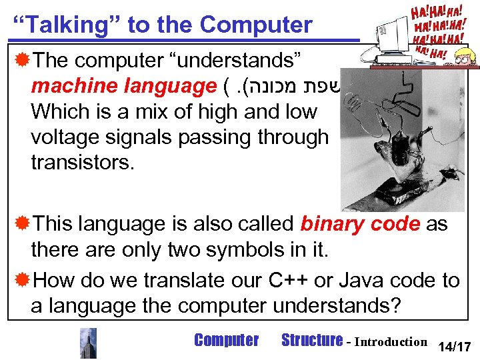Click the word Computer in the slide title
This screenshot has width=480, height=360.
pyautogui.click(x=255, y=25)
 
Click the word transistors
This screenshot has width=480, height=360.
pyautogui.click(x=82, y=162)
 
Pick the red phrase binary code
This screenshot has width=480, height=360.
pyautogui.click(x=360, y=223)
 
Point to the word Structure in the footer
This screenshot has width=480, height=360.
pyautogui.click(x=311, y=341)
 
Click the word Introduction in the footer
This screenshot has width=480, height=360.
pyautogui.click(x=391, y=342)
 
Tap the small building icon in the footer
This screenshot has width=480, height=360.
pyautogui.click(x=88, y=343)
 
